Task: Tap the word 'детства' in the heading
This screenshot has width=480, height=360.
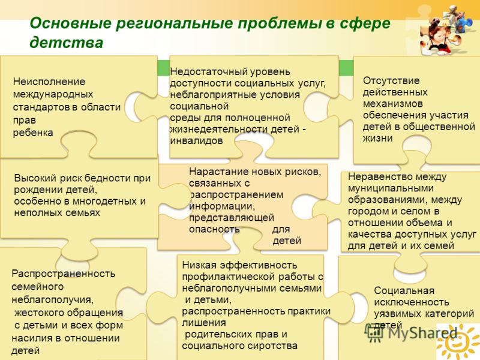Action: click(x=67, y=43)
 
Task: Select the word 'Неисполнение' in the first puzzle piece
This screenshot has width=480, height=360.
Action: click(x=49, y=82)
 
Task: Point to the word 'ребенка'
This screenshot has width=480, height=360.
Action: click(x=33, y=133)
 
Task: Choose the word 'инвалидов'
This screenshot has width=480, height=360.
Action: click(x=196, y=141)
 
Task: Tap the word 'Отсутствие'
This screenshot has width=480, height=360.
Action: click(x=391, y=81)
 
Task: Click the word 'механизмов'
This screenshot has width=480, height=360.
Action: click(x=393, y=104)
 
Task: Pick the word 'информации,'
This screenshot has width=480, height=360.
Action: click(x=222, y=206)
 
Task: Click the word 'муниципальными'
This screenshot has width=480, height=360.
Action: click(x=391, y=188)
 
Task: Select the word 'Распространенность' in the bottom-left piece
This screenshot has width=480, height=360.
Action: click(x=64, y=274)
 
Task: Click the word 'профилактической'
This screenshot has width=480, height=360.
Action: click(x=229, y=277)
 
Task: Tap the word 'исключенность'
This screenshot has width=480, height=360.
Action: click(x=412, y=302)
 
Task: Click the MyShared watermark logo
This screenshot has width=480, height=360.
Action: click(x=411, y=333)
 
